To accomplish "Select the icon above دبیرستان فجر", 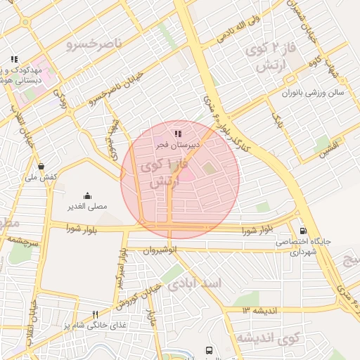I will (x=178, y=133).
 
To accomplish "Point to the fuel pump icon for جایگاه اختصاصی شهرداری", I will (x=303, y=230).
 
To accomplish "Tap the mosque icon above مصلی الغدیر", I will (x=86, y=195).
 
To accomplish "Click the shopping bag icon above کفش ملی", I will (x=41, y=167).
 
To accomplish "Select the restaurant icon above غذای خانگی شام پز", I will (x=96, y=314).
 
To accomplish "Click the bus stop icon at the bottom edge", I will (x=208, y=350).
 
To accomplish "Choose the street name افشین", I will (x=328, y=147).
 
